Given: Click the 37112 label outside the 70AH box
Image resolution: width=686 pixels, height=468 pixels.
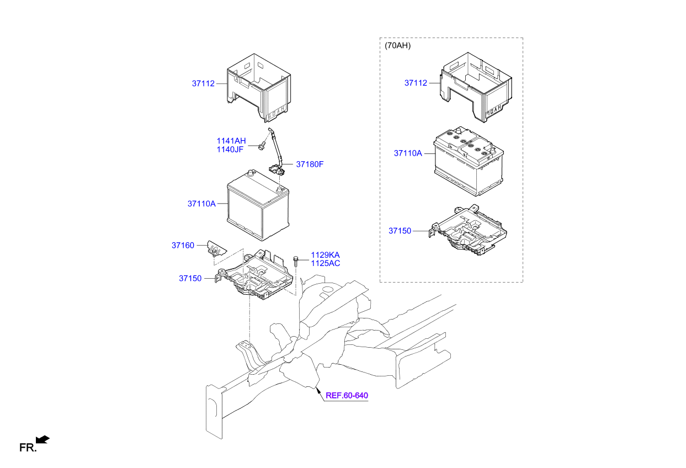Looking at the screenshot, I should pos(203,84).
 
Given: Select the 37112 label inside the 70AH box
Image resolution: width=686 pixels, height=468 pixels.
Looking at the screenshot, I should pos(416,83).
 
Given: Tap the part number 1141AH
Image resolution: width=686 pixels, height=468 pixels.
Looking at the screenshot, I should pos(231,141).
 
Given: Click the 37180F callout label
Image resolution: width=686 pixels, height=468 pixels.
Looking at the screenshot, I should pos(310,164).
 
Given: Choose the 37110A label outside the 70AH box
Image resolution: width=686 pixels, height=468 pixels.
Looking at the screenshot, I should pos(201,204).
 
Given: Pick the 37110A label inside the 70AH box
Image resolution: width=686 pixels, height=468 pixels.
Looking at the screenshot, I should pos(407,153).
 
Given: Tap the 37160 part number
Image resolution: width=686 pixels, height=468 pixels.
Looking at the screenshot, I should pos(183,245).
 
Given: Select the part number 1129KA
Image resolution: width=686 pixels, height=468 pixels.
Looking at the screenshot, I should pos(325,255).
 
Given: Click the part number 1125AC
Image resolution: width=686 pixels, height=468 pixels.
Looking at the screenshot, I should pos(325,263).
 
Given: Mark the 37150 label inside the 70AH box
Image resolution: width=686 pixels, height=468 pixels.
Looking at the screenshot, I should pos(400,231).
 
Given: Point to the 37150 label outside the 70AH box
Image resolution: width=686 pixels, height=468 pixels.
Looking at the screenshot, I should pos(190,279).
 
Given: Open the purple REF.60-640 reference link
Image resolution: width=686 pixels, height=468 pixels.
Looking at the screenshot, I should pos(347,396).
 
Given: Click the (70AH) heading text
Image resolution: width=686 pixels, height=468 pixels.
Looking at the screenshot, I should pos(397,46).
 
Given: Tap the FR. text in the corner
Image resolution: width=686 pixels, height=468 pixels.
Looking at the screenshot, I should pos(27,448).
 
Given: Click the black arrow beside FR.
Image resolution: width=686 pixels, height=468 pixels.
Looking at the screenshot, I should pos(42,439).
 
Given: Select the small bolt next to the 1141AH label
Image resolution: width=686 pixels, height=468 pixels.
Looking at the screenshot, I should pos(261,146).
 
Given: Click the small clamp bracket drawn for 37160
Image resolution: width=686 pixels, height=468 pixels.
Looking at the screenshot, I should pos(215,249).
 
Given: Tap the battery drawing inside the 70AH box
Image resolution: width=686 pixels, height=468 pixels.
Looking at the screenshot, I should pos(469,162).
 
